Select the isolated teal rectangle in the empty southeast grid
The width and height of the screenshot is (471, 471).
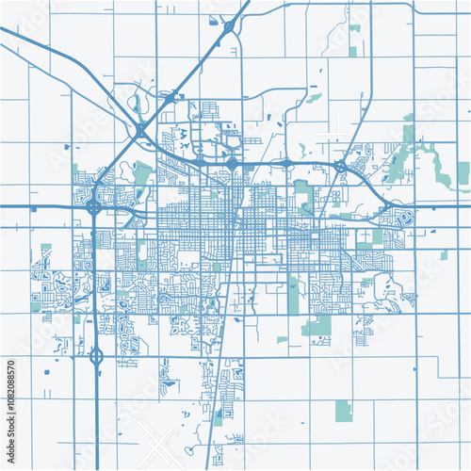tap(344, 410)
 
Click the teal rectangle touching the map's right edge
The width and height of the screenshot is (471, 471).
tap(463, 171)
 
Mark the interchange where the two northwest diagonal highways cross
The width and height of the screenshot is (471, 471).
tap(140, 129)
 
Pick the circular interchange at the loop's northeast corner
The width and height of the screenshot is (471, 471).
tap(339, 168)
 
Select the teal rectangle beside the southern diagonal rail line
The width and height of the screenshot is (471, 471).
tap(218, 415)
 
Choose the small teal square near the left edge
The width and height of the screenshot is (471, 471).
tap(45, 250)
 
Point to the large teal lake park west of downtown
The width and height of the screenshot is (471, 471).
tap(142, 173)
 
